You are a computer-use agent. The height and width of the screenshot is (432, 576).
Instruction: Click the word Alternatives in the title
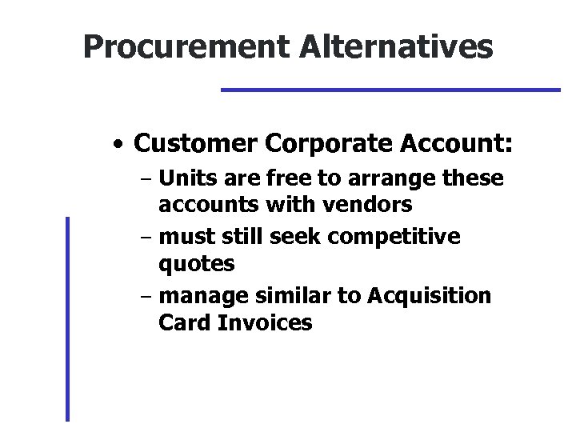(x=397, y=48)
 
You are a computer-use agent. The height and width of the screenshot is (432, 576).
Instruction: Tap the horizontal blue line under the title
(x=390, y=90)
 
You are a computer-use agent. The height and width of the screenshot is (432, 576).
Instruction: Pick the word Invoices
(x=262, y=322)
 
